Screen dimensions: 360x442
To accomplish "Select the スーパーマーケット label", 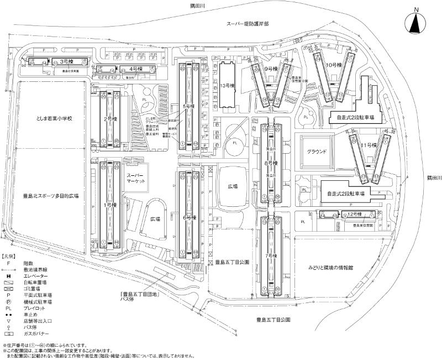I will (135, 179).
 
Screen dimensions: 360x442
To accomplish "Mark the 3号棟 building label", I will (66, 62).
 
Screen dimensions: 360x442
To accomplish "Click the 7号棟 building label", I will (271, 255).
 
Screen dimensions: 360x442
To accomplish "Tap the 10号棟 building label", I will (332, 65).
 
